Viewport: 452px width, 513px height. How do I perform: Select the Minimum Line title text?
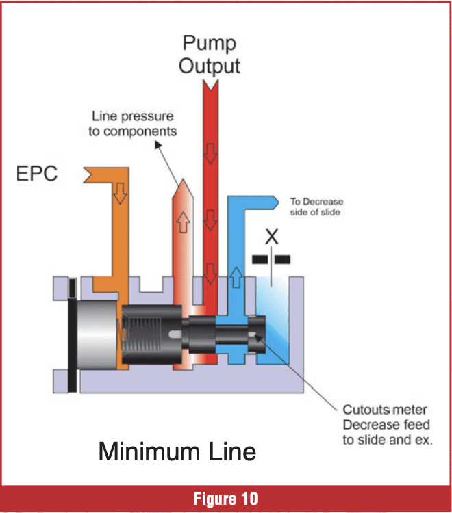[x=177, y=451]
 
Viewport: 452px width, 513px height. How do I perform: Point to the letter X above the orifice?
[x=272, y=237]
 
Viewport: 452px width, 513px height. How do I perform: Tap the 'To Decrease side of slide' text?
[x=316, y=207]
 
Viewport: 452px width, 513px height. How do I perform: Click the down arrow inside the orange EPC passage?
[x=120, y=193]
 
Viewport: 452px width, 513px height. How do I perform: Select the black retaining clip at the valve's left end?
[x=72, y=335]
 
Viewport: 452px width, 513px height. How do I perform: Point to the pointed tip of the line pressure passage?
[x=184, y=179]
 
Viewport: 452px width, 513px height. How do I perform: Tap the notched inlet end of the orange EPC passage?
[x=88, y=174]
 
